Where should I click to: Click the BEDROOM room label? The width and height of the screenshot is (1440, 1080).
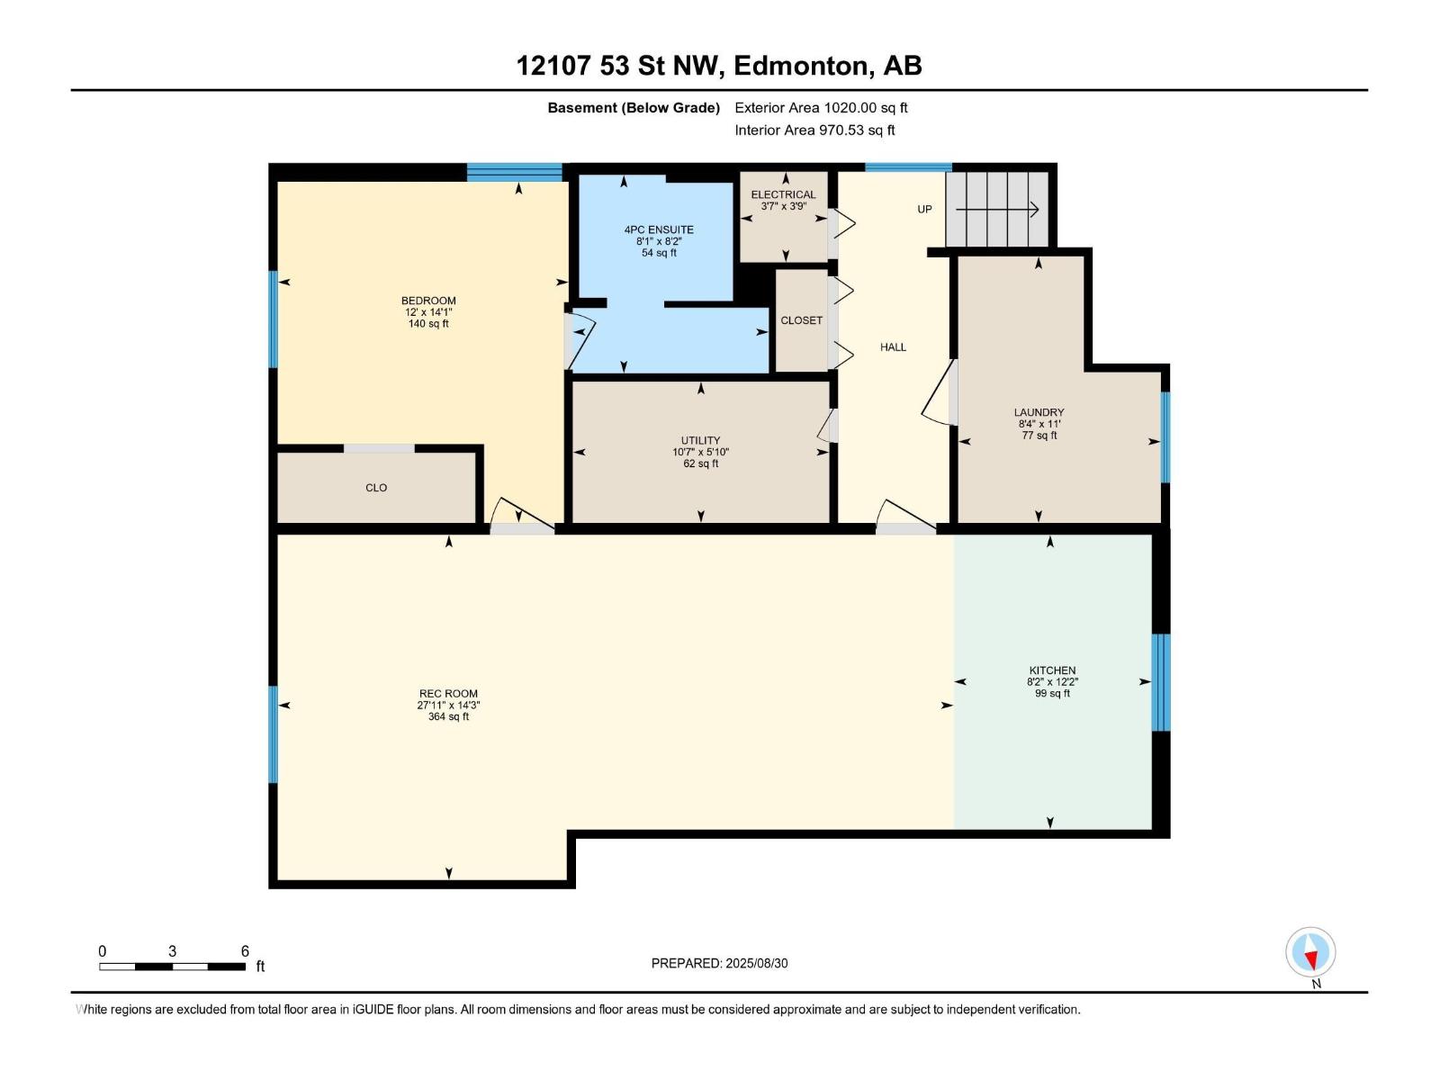point(428,301)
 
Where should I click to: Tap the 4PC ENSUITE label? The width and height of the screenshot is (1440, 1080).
point(659,229)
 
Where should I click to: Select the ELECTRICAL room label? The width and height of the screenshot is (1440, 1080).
point(783,194)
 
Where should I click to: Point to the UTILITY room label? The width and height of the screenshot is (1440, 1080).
point(700,440)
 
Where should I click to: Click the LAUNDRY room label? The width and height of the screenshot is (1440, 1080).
point(1039,412)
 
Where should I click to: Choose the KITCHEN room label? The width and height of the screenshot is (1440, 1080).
point(1052,670)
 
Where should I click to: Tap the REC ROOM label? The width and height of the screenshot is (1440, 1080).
point(449,693)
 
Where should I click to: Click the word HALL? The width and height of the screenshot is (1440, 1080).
point(893,346)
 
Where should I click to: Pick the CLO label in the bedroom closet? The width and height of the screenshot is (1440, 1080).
point(376,487)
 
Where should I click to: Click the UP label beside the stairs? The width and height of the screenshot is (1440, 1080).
point(924,209)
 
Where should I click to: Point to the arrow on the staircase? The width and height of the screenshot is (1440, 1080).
point(997,210)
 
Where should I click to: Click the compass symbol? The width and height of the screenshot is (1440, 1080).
point(1310,951)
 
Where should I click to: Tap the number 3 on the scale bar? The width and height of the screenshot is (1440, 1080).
point(173,950)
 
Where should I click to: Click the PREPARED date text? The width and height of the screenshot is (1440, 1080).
point(720,963)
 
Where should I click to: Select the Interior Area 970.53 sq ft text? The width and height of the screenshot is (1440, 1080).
point(814,130)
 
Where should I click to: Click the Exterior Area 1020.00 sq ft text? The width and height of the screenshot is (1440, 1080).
point(822,107)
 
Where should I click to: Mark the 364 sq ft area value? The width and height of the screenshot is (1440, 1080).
point(449,716)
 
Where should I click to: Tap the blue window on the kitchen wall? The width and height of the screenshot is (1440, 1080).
point(1160,682)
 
